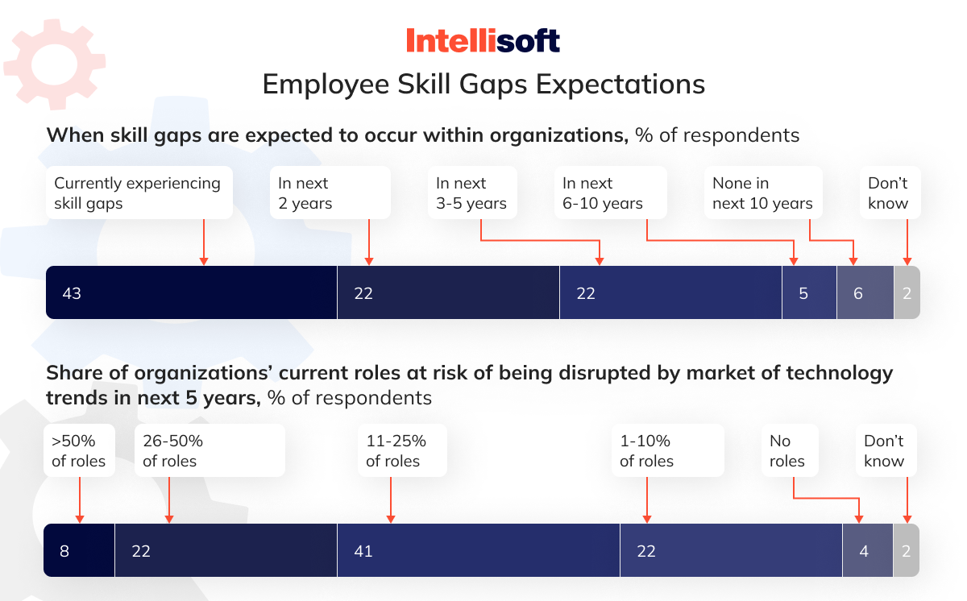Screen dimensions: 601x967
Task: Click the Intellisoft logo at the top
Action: click(x=483, y=40)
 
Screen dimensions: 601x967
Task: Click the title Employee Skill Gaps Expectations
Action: click(x=483, y=85)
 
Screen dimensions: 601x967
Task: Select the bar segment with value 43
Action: click(x=191, y=292)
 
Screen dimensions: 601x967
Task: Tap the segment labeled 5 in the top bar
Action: click(x=809, y=292)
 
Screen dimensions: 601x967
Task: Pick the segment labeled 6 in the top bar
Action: click(x=865, y=292)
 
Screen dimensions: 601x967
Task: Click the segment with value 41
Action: click(x=478, y=550)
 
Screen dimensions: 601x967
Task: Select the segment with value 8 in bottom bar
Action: click(x=79, y=550)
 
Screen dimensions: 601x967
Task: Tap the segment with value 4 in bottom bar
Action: click(x=867, y=550)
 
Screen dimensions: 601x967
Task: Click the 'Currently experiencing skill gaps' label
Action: click(x=137, y=193)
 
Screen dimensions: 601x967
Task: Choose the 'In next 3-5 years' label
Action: click(x=471, y=193)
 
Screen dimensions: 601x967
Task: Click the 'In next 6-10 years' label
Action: click(x=608, y=193)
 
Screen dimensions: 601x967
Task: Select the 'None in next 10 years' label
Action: click(x=762, y=193)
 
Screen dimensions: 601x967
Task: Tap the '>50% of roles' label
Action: click(x=79, y=451)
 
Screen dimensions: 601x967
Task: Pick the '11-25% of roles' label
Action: click(x=400, y=451)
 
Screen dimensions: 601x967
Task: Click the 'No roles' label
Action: click(x=788, y=451)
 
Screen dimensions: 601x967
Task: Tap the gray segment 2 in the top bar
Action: click(x=907, y=292)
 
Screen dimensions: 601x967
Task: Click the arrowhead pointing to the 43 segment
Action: click(x=204, y=260)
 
